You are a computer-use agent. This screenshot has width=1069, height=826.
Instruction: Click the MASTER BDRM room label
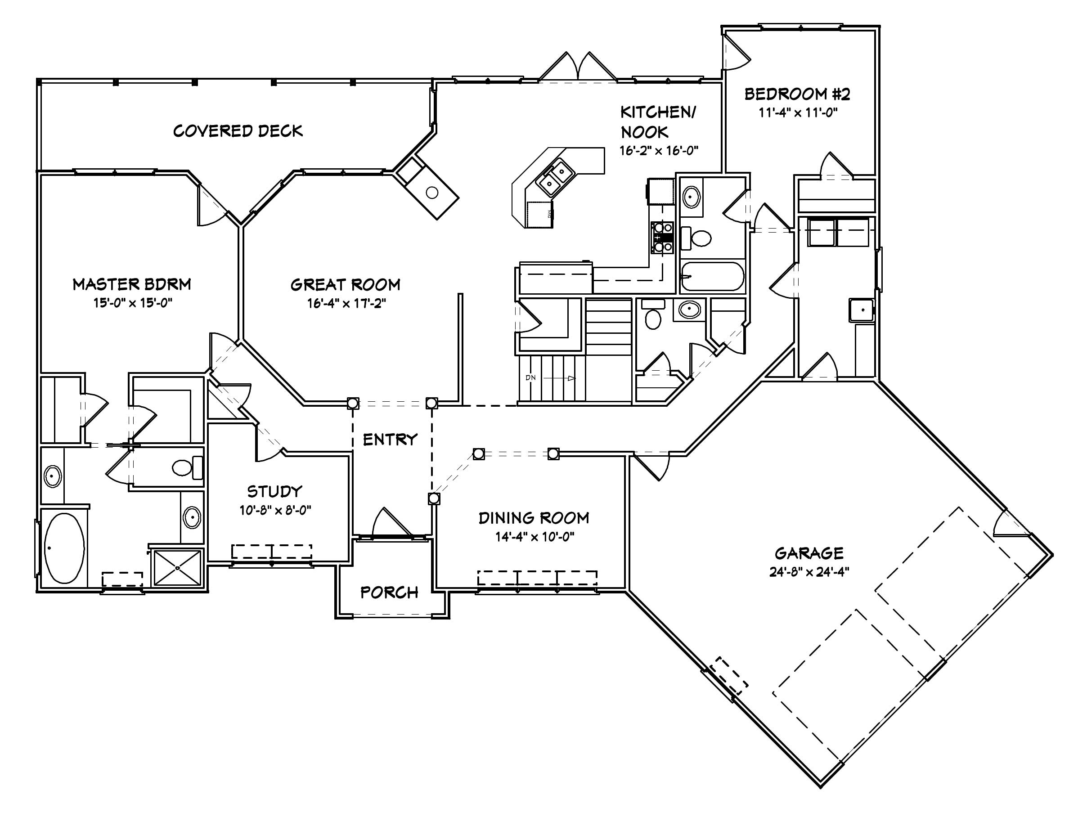(x=132, y=284)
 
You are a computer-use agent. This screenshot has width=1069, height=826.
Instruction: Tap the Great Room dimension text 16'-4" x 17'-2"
(x=346, y=303)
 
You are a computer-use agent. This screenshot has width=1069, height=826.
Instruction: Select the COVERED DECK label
(x=238, y=130)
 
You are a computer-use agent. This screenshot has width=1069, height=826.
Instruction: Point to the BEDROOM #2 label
(x=797, y=94)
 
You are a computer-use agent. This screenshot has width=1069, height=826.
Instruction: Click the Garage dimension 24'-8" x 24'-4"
(x=809, y=571)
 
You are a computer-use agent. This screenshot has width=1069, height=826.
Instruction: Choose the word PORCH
(x=389, y=593)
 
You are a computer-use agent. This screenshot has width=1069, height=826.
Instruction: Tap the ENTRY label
(x=390, y=440)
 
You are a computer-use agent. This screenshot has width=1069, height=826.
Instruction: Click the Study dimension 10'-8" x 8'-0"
(x=275, y=510)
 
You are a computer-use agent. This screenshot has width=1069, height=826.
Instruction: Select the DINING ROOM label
(x=534, y=518)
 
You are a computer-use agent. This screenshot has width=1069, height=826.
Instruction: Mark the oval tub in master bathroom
(x=64, y=548)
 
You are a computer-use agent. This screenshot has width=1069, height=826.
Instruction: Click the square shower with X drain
(x=177, y=568)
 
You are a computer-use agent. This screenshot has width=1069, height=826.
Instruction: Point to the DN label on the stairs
(x=530, y=378)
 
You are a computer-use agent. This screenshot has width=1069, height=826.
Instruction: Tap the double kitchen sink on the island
(x=556, y=178)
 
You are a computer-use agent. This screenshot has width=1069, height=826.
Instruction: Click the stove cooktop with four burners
(x=662, y=237)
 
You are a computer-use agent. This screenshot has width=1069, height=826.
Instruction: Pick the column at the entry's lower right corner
(x=434, y=498)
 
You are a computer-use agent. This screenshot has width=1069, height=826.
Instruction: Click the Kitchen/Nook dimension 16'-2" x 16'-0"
(x=658, y=151)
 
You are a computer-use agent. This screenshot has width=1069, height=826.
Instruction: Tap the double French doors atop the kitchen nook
(x=578, y=67)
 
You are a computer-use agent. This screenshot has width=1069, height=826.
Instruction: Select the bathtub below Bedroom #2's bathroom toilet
(x=713, y=277)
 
